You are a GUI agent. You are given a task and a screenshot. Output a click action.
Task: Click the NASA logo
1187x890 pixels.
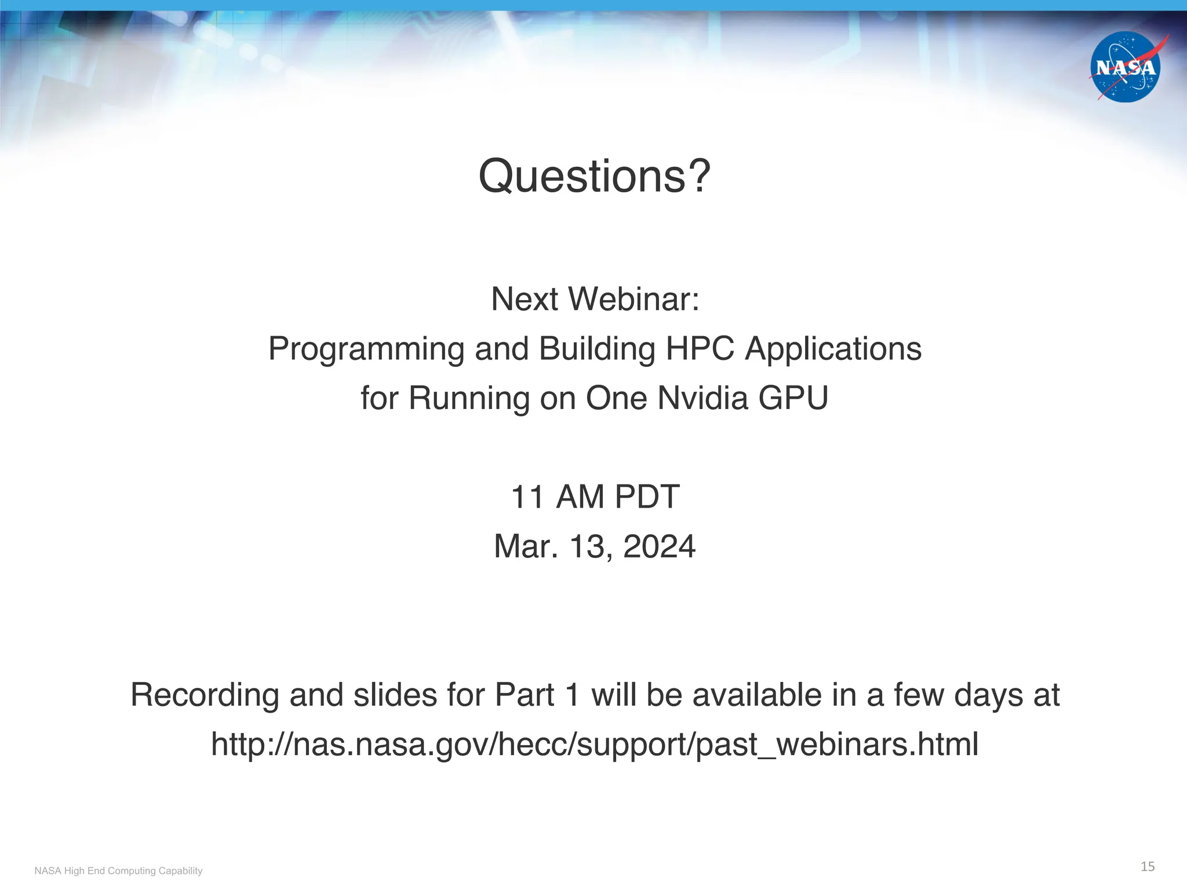click(1125, 67)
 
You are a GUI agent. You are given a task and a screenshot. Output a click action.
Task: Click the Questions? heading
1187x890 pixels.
click(594, 176)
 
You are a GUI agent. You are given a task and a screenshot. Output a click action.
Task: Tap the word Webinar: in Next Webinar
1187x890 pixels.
click(633, 300)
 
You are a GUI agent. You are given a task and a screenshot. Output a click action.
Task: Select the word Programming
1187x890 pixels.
click(366, 349)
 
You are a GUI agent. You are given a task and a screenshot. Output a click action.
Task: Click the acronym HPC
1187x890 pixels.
click(700, 349)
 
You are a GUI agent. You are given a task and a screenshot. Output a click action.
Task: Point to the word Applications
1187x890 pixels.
click(833, 349)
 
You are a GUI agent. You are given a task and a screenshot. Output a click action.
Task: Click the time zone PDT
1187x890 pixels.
click(647, 497)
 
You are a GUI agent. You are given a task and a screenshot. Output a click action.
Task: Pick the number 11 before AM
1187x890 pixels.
click(527, 497)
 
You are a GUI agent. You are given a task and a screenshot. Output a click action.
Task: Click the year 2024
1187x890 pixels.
click(659, 546)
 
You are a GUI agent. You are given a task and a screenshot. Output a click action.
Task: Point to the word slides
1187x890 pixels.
click(395, 695)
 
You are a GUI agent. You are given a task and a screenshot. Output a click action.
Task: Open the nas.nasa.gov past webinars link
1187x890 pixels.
click(594, 745)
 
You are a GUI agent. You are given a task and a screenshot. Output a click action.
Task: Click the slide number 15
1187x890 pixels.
click(1147, 867)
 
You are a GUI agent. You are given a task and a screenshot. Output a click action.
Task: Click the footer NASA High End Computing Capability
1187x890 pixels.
click(118, 871)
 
